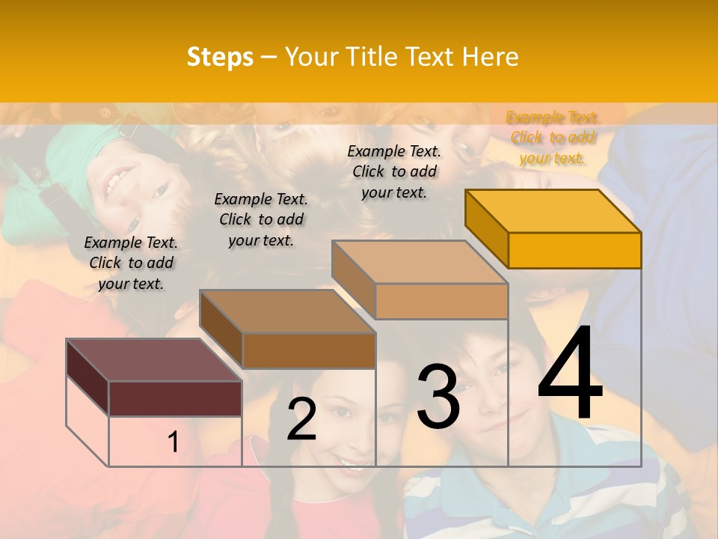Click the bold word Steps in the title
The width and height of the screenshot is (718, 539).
coord(220,57)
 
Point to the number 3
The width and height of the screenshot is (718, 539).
coord(438,396)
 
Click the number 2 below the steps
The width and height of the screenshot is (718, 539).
coord(301,420)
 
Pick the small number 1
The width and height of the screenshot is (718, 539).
coord(173,442)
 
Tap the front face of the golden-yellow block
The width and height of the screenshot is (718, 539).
coord(574,250)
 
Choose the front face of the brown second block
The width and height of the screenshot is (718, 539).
coord(309,350)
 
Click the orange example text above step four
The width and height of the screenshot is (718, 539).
coord(553,138)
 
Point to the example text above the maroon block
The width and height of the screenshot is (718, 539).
coord(132,263)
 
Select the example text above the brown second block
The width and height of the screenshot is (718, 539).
coord(261,219)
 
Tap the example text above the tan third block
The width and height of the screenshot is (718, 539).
coord(394,171)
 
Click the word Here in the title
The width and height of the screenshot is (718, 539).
coord(491,57)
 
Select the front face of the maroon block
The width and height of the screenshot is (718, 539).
coord(175,398)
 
